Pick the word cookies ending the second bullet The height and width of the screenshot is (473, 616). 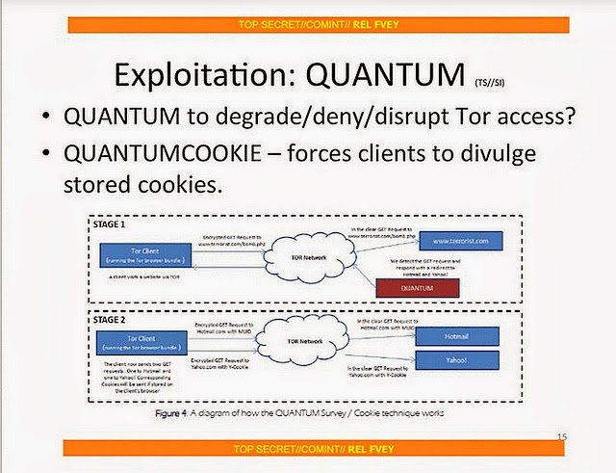coord(179,187)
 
